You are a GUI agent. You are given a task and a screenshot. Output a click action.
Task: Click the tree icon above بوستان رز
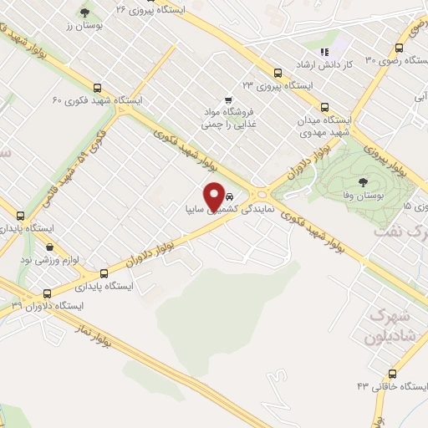[x=84, y=13]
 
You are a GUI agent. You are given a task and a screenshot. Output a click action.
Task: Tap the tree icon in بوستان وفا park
[x=363, y=181]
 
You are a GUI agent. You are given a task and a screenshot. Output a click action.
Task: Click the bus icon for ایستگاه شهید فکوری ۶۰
[x=98, y=88]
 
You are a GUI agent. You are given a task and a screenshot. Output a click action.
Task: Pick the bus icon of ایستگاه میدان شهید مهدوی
[x=324, y=107]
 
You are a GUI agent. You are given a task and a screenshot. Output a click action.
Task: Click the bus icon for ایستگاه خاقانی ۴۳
[x=393, y=374]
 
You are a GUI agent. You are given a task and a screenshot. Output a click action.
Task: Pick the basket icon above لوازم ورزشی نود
[x=50, y=247]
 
